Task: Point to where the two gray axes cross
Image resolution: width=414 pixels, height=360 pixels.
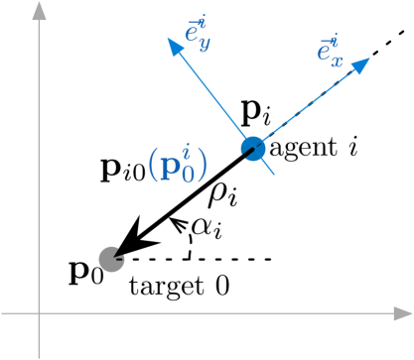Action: click(x=39, y=313)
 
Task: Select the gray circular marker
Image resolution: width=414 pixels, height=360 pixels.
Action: click(x=111, y=259)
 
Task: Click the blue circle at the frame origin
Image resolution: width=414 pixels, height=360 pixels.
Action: click(x=253, y=149)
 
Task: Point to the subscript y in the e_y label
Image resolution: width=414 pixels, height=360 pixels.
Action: click(x=205, y=44)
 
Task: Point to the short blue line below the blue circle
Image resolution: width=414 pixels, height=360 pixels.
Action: click(x=268, y=168)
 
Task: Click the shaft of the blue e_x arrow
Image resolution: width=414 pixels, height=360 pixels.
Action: click(x=308, y=106)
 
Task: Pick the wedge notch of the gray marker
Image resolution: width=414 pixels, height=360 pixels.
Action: click(x=120, y=261)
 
